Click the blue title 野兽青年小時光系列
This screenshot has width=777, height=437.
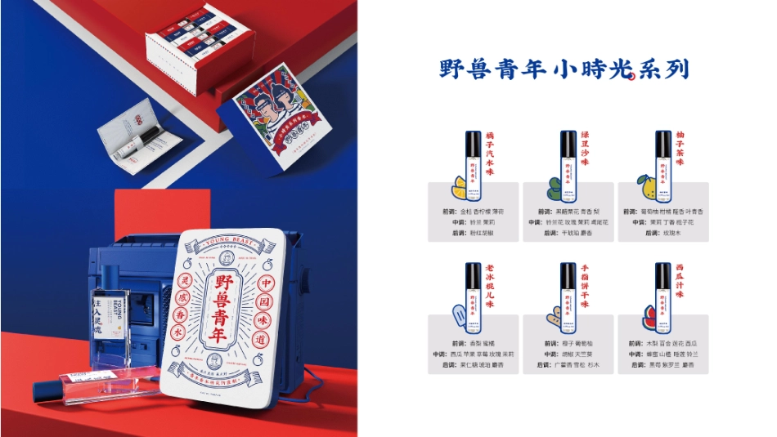tap(564, 69)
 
